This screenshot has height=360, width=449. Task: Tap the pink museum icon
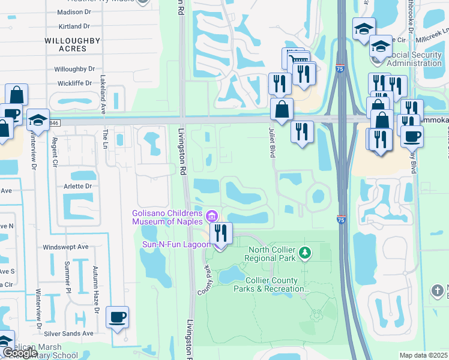(211, 215)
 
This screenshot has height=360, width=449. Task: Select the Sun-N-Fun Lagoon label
(176, 244)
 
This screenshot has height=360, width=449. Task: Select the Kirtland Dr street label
(74, 26)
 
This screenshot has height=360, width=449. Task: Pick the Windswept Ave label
(65, 247)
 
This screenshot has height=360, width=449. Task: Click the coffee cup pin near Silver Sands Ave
(117, 317)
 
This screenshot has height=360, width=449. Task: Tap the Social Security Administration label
(415, 59)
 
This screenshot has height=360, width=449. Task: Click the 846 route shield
(55, 122)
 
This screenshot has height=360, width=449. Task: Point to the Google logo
(19, 353)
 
